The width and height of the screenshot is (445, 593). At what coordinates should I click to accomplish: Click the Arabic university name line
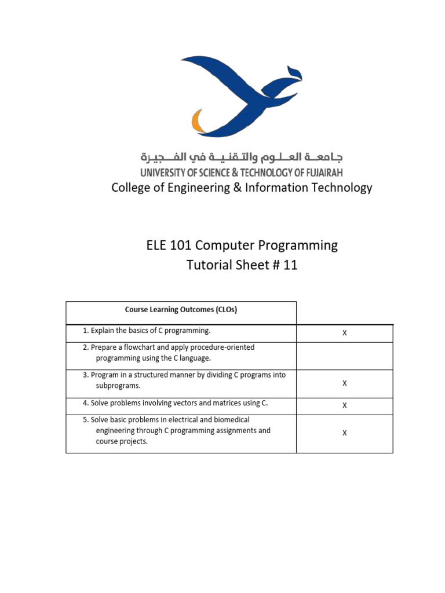pyautogui.click(x=241, y=157)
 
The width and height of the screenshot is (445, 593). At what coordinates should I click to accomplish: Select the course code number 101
pyautogui.click(x=183, y=246)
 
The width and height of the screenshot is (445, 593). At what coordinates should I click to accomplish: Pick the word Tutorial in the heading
pyautogui.click(x=210, y=266)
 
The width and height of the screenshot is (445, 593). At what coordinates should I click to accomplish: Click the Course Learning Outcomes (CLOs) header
pyautogui.click(x=181, y=310)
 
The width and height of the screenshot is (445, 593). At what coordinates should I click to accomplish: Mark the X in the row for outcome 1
pyautogui.click(x=345, y=333)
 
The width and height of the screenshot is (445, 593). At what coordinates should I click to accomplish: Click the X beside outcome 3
pyautogui.click(x=345, y=383)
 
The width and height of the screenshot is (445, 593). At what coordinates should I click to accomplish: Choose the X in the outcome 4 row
pyautogui.click(x=345, y=405)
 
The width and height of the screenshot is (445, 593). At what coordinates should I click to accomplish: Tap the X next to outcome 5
pyautogui.click(x=345, y=433)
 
